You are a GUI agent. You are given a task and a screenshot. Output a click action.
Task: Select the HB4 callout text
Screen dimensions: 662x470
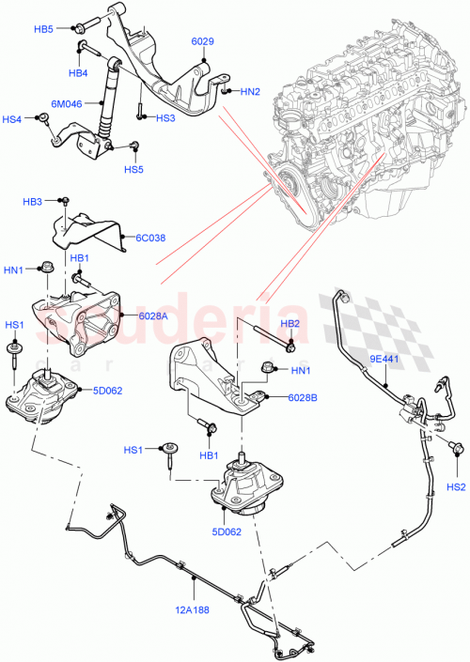pos(77,72)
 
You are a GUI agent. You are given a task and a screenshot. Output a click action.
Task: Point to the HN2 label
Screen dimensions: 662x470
pos(250,91)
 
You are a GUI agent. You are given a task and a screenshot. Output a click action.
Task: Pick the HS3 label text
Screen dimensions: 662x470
pos(165,118)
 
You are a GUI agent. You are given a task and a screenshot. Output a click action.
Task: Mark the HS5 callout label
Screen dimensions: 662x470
pos(133,169)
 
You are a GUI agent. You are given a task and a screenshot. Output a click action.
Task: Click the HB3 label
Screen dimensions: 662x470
pos(33,202)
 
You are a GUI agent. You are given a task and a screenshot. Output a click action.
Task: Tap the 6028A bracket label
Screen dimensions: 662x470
pos(153,316)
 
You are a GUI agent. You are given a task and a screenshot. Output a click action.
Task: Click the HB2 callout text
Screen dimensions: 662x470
pos(290,323)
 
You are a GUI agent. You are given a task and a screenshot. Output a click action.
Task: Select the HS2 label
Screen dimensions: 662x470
pos(456,486)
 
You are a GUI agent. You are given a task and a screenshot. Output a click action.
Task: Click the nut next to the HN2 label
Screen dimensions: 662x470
pos(227,90)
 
